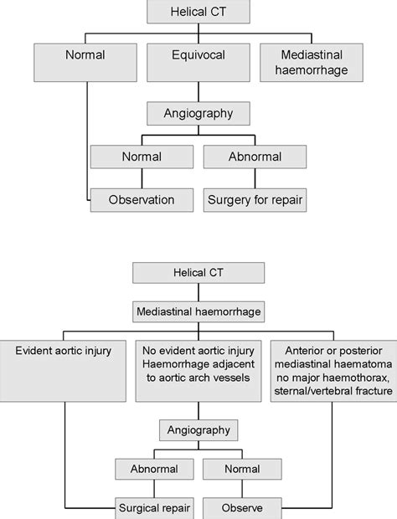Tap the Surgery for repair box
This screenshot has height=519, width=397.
coord(255,200)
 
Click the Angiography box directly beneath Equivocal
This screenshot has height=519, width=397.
coord(198,113)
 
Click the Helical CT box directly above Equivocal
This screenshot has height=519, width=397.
coord(198,12)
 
